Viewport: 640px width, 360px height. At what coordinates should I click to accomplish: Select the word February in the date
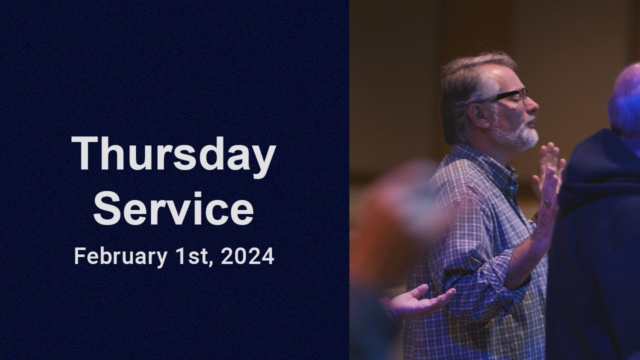tap(120, 257)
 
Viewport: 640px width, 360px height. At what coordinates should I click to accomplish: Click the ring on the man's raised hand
tap(548, 202)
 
